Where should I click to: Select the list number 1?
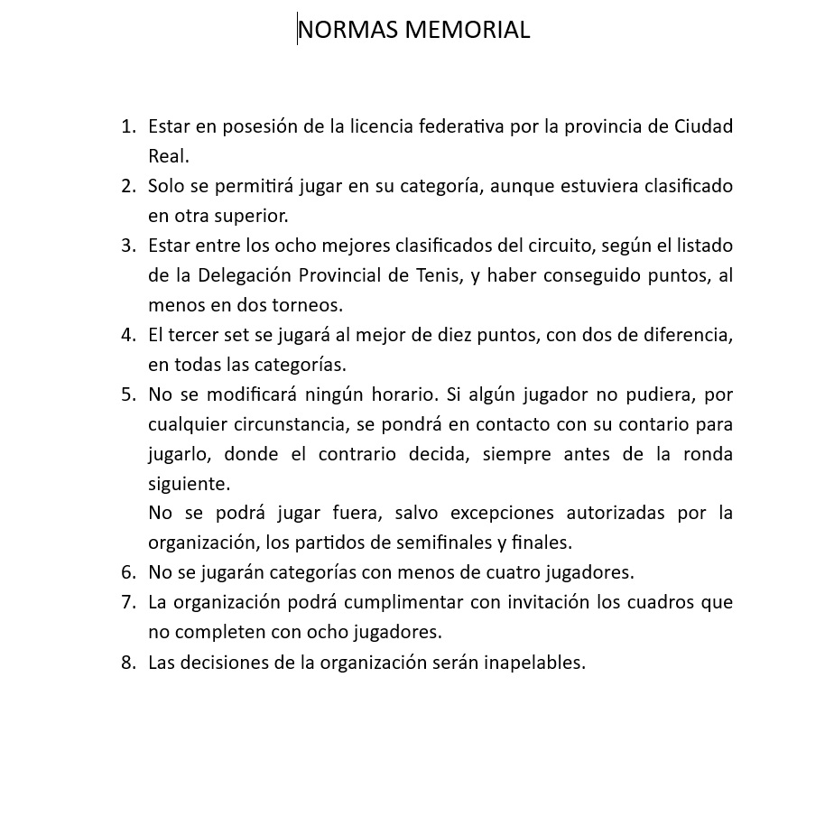coord(128,126)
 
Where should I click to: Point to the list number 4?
coord(128,335)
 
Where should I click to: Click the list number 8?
coord(128,663)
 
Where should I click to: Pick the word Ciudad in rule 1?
coord(703,126)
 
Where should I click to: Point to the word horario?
coord(400,394)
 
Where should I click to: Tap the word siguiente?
coord(188,484)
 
